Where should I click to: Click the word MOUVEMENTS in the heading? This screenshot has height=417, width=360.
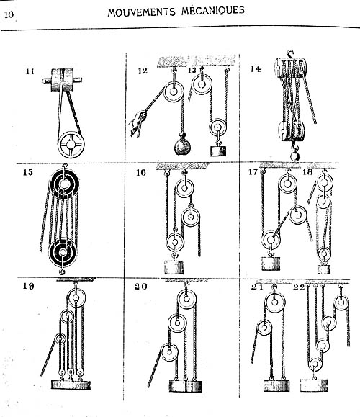coord(141,12)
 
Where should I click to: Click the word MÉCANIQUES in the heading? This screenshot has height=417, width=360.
coord(213,10)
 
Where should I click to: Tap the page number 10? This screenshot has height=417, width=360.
coord(9,14)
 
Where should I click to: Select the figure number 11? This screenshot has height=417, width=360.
coord(30,71)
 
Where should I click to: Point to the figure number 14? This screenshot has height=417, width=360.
coord(256,69)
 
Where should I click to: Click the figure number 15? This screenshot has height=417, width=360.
coord(28,172)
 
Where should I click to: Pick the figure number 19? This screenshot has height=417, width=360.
coord(28,286)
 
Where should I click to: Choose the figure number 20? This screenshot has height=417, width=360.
coord(140,287)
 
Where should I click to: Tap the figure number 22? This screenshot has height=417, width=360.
coord(298,287)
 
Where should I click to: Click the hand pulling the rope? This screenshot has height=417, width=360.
coord(138,120)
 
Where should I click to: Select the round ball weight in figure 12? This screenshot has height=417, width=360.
coord(183,145)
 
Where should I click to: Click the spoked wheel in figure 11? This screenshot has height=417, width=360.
coord(71,145)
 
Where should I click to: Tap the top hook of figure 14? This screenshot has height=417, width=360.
coord(290,54)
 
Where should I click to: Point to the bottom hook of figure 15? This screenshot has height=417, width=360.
coord(62,271)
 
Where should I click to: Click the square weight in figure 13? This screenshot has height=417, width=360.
coord(218,151)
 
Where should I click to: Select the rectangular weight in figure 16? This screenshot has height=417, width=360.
coord(174,267)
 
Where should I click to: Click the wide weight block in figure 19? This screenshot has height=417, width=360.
coord(71,385)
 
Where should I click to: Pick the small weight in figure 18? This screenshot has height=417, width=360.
coord(324,269)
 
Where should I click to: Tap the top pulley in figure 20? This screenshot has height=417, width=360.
coord(186,299)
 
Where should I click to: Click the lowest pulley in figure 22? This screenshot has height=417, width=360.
coord(315,364)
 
